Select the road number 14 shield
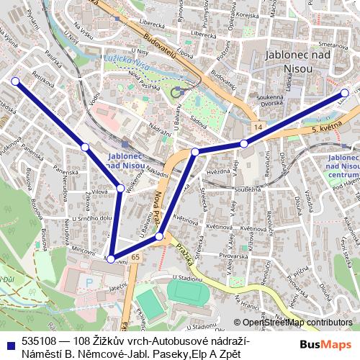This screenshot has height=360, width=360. pos(257,127)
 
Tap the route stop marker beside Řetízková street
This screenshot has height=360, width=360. pos(14,81)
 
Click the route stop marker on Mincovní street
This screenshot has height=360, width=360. pos(111,259)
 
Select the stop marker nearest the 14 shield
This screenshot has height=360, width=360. pos(244,144)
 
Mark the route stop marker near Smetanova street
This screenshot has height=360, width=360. pos(346,93)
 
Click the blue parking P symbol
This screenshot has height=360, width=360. pos(89,283)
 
